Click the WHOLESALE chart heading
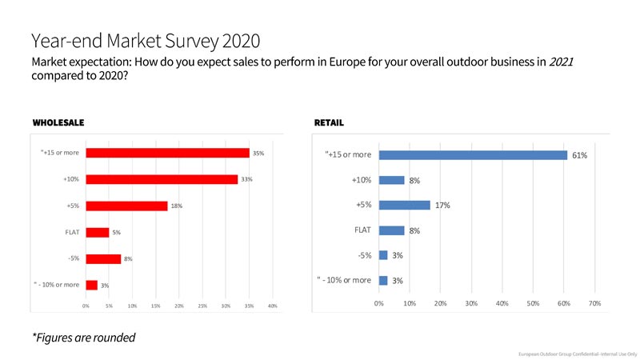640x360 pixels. (58, 123)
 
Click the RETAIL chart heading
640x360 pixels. (330, 123)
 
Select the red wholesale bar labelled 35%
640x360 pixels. (167, 153)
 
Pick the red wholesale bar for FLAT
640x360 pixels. (97, 232)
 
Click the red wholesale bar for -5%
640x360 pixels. (103, 258)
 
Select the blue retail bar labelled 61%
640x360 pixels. (473, 154)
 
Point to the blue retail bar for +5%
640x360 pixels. (404, 205)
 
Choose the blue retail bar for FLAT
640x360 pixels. (391, 230)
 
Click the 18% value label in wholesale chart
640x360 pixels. (177, 206)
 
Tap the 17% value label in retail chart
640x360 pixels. (442, 206)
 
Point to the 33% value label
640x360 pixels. (246, 179)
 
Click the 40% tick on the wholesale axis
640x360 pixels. (272, 306)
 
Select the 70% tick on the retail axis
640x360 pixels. (594, 303)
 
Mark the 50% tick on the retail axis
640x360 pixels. (533, 303)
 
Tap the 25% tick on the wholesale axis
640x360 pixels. (202, 306)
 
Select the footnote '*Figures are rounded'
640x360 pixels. (83, 338)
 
